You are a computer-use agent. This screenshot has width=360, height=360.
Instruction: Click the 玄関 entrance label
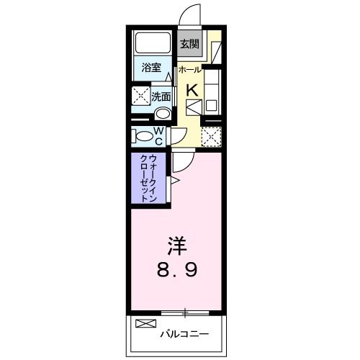[x=189, y=44]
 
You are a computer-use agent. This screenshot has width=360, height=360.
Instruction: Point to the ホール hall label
[x=189, y=70]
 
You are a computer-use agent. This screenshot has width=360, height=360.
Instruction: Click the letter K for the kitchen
[x=192, y=90]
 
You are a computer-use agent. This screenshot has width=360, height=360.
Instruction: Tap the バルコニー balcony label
[x=184, y=333]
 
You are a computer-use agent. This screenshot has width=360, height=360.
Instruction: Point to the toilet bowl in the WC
[x=140, y=135]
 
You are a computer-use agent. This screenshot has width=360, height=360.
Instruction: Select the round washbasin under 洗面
[x=162, y=113]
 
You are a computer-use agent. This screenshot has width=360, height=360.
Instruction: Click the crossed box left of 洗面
[x=139, y=96]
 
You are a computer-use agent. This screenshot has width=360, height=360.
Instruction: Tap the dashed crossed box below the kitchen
[x=210, y=135]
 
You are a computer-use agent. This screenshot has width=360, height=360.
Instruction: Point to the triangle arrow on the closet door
[x=174, y=179]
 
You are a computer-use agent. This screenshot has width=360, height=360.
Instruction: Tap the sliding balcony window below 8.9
[x=185, y=312]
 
